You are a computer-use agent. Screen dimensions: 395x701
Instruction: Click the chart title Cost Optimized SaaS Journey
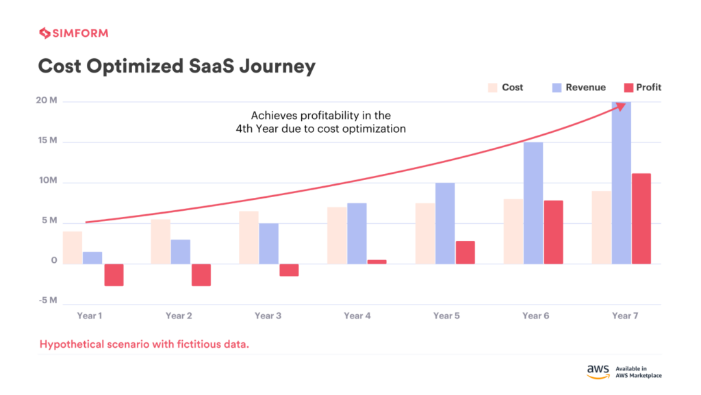point(177,66)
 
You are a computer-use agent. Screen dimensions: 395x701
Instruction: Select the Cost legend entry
point(505,88)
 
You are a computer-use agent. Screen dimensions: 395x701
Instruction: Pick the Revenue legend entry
point(578,88)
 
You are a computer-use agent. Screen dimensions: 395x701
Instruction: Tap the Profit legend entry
point(642,88)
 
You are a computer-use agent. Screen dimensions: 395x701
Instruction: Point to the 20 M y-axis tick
point(47,101)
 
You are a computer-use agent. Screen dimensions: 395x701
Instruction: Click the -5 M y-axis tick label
point(47,301)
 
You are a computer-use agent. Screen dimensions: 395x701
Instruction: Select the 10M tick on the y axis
point(47,181)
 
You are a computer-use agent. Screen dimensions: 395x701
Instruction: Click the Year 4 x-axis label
point(358,316)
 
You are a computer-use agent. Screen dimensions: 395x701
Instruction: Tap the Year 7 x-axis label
point(625,316)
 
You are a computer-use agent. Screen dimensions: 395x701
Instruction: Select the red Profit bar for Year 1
point(114,275)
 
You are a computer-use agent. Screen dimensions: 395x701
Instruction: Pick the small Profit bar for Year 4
point(377,262)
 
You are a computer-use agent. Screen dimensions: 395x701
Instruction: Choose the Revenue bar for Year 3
point(268,243)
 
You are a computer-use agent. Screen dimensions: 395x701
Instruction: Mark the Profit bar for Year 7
point(641,218)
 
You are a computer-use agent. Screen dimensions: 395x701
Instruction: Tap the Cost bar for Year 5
point(424,233)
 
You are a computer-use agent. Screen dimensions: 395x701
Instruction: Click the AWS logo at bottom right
point(598,371)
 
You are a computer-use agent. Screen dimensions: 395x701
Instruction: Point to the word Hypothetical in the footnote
point(73,344)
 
